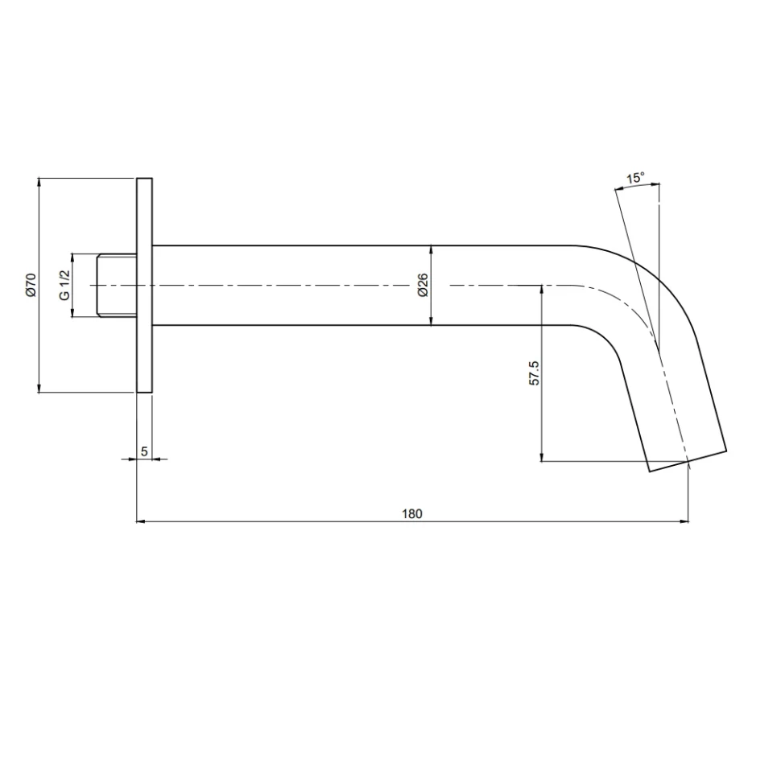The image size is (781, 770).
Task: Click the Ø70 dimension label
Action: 31,286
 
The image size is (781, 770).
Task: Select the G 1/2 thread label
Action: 64,286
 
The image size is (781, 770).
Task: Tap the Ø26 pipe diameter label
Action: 422,286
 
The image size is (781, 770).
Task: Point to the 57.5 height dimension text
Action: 534,373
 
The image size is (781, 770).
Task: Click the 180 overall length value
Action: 412,513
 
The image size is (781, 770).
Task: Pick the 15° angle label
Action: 635,178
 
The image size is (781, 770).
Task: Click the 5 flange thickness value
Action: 144,451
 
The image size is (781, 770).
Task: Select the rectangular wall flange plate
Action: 144,286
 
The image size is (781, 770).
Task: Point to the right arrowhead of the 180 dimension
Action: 684,522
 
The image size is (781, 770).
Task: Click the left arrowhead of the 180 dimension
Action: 142,522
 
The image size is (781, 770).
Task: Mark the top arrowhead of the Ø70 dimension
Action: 39,183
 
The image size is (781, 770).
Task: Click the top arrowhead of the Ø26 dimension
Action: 432,249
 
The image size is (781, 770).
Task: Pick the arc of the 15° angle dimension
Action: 636,186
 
